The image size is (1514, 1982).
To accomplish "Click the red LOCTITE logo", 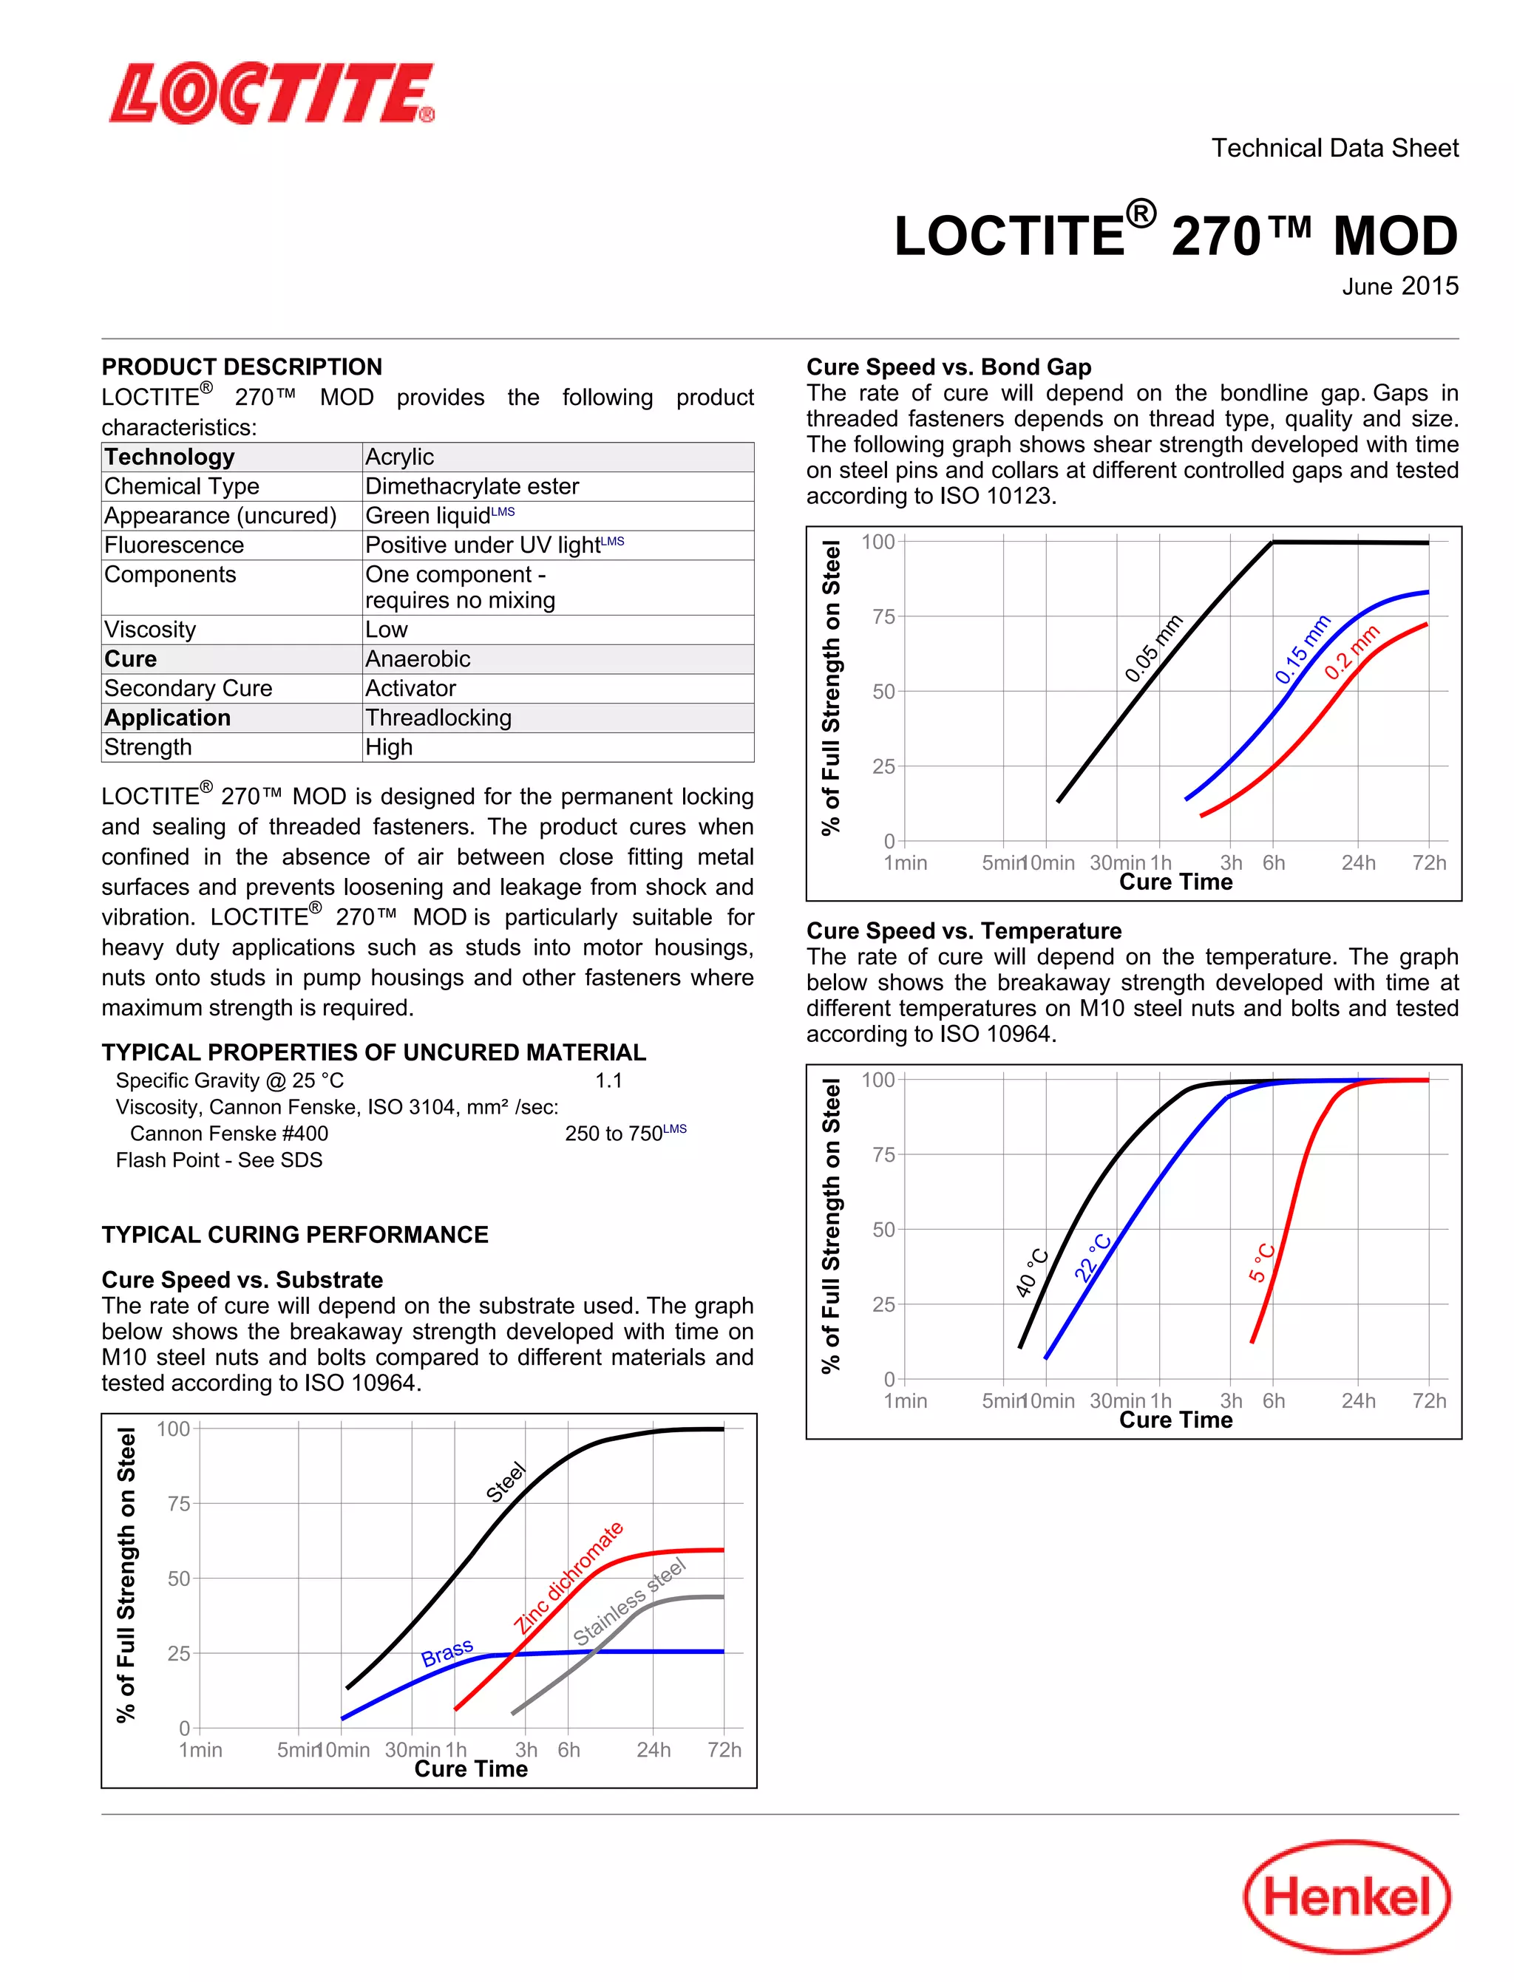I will (x=272, y=93).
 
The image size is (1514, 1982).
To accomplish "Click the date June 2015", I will (x=1399, y=287).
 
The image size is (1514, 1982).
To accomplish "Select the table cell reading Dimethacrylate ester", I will (x=472, y=486).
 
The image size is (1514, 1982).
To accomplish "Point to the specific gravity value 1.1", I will (x=608, y=1080).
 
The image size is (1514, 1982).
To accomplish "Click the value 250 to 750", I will (x=614, y=1134).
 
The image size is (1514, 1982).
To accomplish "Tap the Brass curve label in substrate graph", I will (x=447, y=1652).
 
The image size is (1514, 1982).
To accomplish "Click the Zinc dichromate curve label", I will (x=568, y=1578).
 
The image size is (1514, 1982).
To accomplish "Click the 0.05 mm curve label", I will (x=1153, y=649).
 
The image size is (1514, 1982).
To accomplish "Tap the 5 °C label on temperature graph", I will (x=1262, y=1262).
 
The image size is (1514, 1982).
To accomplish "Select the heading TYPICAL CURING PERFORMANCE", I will (x=295, y=1234).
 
